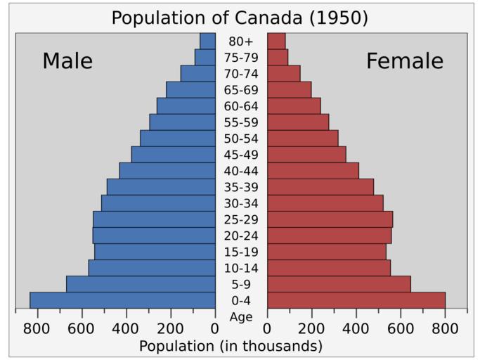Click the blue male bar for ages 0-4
pyautogui.click(x=122, y=300)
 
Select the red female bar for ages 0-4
pyautogui.click(x=356, y=300)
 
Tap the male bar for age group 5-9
pyautogui.click(x=141, y=284)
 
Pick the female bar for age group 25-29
pyautogui.click(x=330, y=219)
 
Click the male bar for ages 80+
pyautogui.click(x=207, y=41)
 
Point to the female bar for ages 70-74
pyautogui.click(x=283, y=73)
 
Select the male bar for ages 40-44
pyautogui.click(x=167, y=171)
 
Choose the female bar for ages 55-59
pyautogui.click(x=298, y=122)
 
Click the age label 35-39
pyautogui.click(x=241, y=187)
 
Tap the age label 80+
pyautogui.click(x=241, y=41)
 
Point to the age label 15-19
pyautogui.click(x=241, y=252)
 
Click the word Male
pyautogui.click(x=67, y=61)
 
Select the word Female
pyautogui.click(x=404, y=61)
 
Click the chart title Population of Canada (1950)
pyautogui.click(x=240, y=18)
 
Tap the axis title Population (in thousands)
pyautogui.click(x=231, y=346)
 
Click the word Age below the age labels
pyautogui.click(x=241, y=317)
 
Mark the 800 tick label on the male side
pyautogui.click(x=36, y=328)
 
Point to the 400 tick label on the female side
pyautogui.click(x=356, y=328)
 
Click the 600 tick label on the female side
pyautogui.click(x=400, y=328)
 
